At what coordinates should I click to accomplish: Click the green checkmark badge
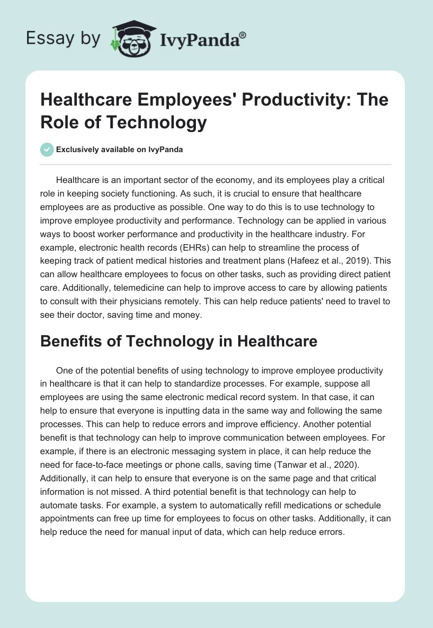point(48,149)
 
